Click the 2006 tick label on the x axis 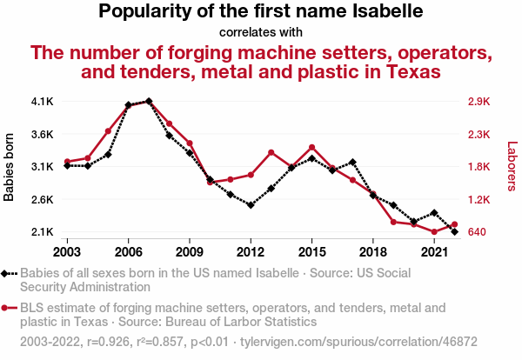point(128,251)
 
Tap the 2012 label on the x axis point(251,251)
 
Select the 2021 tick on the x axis point(434,251)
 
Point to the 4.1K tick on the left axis point(42,102)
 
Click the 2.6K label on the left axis point(42,200)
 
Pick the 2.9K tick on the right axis point(479,102)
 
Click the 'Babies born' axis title point(10,167)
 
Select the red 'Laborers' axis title point(512,167)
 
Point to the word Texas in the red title point(406,71)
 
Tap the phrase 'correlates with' point(261,33)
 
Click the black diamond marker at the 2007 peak point(149,101)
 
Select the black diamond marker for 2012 point(251,205)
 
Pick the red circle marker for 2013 point(271,153)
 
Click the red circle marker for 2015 point(311,147)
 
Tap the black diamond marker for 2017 point(352,162)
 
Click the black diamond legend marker point(6,274)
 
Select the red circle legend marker point(6,308)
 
